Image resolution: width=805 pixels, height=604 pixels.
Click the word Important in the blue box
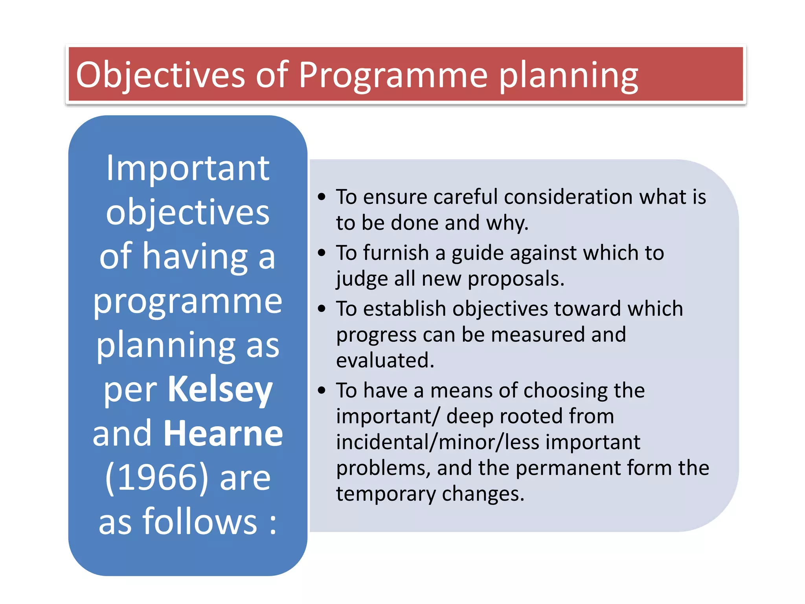(x=188, y=168)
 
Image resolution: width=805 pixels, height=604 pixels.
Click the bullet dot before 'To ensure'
(x=322, y=197)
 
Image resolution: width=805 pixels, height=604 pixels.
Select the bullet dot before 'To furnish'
(x=322, y=252)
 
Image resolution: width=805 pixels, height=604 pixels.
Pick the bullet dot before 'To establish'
(x=322, y=308)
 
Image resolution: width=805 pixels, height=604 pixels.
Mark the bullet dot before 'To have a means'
(x=322, y=390)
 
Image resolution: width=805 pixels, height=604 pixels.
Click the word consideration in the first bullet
(x=568, y=197)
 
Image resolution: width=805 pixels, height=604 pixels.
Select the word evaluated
(x=385, y=360)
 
